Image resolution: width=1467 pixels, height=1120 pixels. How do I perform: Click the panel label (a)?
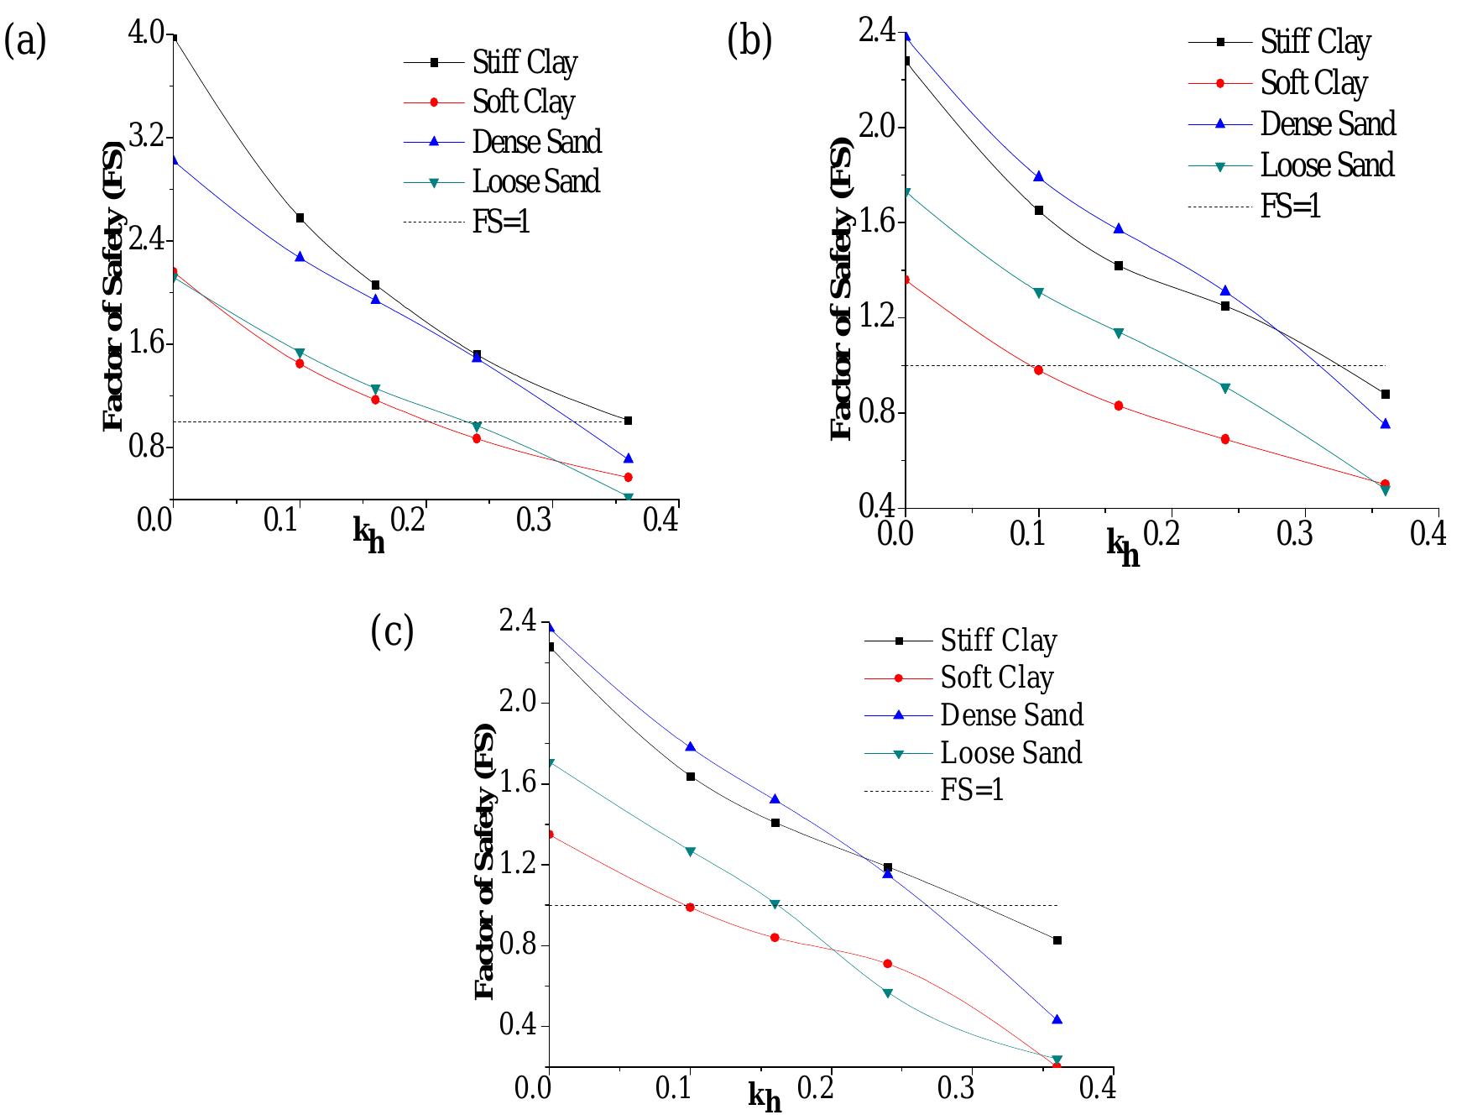(x=25, y=41)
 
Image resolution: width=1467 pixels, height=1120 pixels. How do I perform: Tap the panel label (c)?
(x=392, y=631)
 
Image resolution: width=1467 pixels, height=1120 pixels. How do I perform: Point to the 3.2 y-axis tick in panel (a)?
(x=147, y=138)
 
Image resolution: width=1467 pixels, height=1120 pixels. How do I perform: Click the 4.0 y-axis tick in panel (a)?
(x=147, y=34)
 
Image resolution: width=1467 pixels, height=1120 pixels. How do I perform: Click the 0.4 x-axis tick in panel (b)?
(x=1428, y=534)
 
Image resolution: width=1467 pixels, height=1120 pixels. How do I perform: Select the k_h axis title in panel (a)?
(x=368, y=536)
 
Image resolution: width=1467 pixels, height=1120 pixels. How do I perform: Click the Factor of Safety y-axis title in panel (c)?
(x=485, y=861)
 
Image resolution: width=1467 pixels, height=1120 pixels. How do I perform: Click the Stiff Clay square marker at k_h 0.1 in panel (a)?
(x=300, y=218)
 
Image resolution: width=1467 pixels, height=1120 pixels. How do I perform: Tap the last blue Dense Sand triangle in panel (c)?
(x=1057, y=1019)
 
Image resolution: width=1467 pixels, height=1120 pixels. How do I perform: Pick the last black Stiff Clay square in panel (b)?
(x=1385, y=394)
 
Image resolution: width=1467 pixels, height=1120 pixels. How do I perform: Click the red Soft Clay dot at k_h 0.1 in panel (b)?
(x=1038, y=370)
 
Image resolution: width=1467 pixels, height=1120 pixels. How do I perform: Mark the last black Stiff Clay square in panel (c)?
(x=1057, y=940)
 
